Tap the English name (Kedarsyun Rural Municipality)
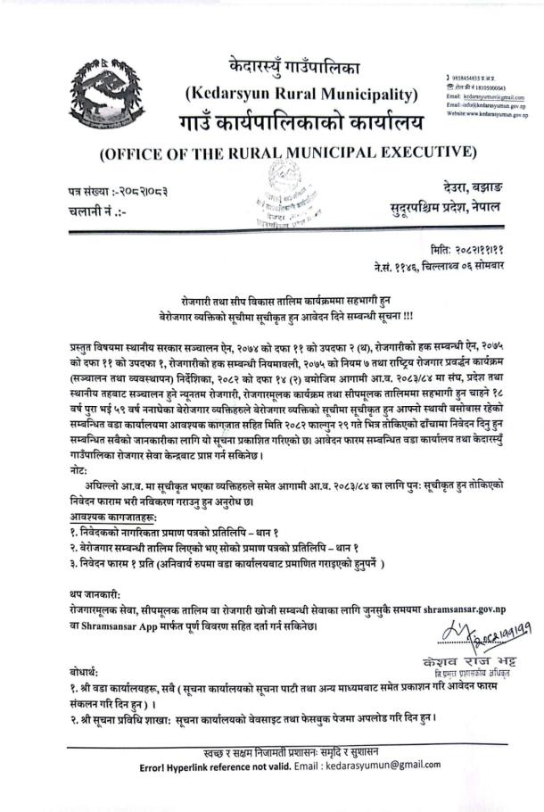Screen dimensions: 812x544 click(x=301, y=92)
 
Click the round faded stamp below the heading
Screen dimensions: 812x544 click(x=290, y=200)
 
